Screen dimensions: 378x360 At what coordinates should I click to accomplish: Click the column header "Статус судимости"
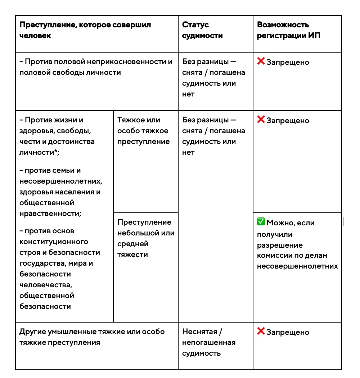point(202,30)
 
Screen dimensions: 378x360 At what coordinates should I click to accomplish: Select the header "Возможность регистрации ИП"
point(289,30)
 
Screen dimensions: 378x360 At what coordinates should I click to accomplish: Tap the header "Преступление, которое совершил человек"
point(85,30)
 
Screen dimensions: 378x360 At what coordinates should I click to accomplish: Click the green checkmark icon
point(261,222)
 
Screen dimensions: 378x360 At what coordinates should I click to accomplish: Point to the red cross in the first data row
point(261,62)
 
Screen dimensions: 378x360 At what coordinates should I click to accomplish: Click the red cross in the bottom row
point(261,331)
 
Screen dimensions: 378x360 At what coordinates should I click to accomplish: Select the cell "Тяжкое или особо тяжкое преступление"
point(143,131)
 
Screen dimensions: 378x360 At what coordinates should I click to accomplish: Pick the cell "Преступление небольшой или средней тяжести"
point(145,238)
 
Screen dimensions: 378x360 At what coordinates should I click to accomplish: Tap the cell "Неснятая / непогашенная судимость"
point(209,342)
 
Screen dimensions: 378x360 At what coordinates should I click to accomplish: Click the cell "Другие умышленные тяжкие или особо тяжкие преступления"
point(92,337)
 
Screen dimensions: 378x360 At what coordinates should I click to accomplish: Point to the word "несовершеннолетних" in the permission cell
point(297,266)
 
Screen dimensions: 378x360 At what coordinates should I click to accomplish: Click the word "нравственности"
point(49,213)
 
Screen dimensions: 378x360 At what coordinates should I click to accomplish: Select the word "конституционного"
point(54,242)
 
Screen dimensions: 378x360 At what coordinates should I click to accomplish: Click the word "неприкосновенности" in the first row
point(110,62)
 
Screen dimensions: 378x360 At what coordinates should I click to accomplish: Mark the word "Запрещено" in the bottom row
point(288,332)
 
